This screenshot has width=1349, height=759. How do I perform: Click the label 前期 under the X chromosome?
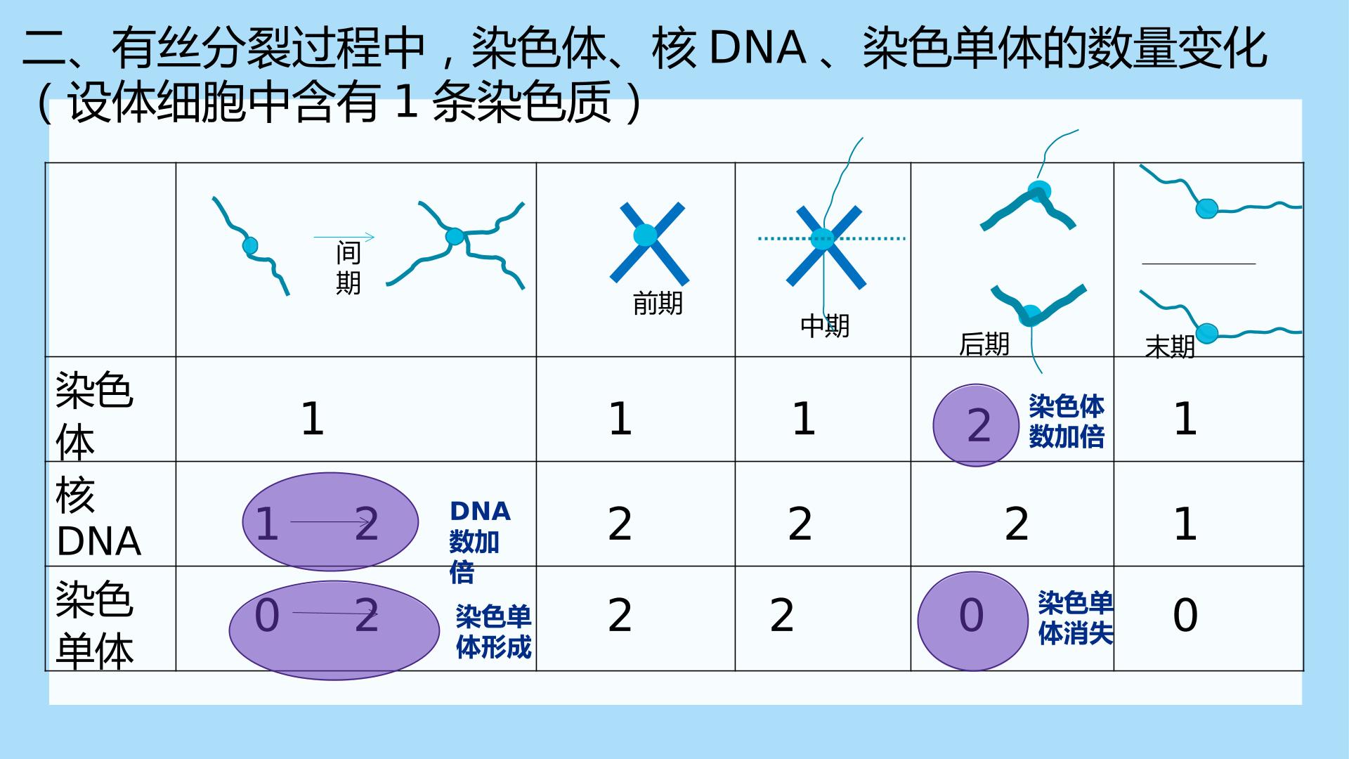[658, 304]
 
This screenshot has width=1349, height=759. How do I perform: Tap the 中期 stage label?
[825, 326]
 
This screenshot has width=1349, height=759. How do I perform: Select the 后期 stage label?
[984, 344]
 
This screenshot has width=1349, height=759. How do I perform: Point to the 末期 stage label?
[1170, 347]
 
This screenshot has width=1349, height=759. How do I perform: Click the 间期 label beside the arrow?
[348, 268]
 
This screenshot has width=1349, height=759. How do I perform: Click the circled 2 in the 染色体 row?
[979, 426]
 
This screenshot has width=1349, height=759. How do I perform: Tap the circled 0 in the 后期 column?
[972, 616]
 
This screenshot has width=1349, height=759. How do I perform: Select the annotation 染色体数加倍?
[1067, 422]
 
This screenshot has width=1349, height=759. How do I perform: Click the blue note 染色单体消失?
[1076, 618]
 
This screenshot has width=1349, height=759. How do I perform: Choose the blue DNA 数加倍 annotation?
[480, 542]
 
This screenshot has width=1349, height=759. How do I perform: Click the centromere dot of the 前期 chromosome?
[646, 235]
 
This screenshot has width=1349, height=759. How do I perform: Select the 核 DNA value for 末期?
[1185, 524]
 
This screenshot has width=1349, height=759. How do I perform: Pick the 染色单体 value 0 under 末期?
[1185, 616]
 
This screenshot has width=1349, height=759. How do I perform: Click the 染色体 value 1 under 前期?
[620, 420]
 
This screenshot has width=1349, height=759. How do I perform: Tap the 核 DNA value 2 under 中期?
[800, 524]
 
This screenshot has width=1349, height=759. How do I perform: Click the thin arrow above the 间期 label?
[344, 237]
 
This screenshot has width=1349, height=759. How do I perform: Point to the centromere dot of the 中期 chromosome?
[822, 239]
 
